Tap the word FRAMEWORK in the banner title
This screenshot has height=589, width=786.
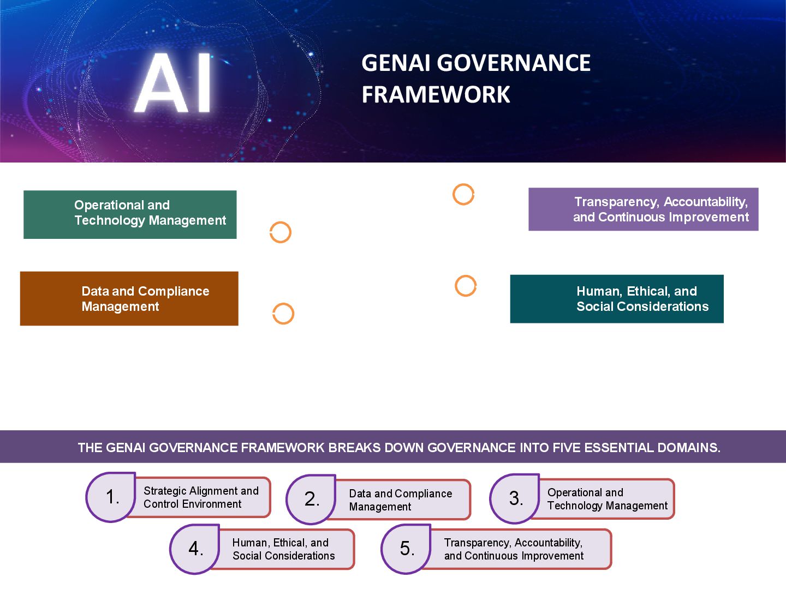pyautogui.click(x=436, y=95)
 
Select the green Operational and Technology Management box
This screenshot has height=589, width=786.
pyautogui.click(x=130, y=214)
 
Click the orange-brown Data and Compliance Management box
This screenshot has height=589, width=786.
pyautogui.click(x=129, y=299)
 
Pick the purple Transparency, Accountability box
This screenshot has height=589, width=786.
pyautogui.click(x=643, y=209)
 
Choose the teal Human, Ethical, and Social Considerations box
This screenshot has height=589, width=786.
pyautogui.click(x=617, y=299)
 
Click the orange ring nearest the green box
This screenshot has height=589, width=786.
pyautogui.click(x=281, y=232)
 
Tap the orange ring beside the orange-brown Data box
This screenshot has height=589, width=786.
pyautogui.click(x=283, y=314)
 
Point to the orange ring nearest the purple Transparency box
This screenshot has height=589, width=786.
pyautogui.click(x=463, y=195)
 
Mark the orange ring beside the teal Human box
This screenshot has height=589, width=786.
pyautogui.click(x=466, y=286)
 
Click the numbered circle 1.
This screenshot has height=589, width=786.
pyautogui.click(x=111, y=497)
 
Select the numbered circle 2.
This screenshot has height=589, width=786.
pyautogui.click(x=311, y=499)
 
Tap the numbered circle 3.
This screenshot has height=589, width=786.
pyautogui.click(x=515, y=498)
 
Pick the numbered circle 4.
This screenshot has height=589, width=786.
pyautogui.click(x=195, y=549)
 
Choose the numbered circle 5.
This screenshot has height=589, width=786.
pyautogui.click(x=406, y=549)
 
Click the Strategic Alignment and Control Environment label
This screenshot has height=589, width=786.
pyautogui.click(x=201, y=497)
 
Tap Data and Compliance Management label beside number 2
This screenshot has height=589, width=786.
pyautogui.click(x=401, y=500)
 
